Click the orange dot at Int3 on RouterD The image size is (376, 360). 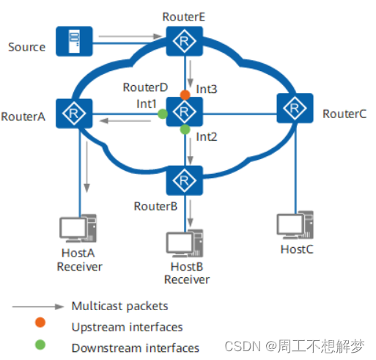click(185, 94)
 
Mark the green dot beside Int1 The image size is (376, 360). click(163, 114)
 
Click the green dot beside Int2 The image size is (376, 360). click(185, 131)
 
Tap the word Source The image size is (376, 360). click(26, 47)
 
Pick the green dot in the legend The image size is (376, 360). click(39, 348)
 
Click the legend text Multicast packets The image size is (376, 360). click(120, 306)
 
